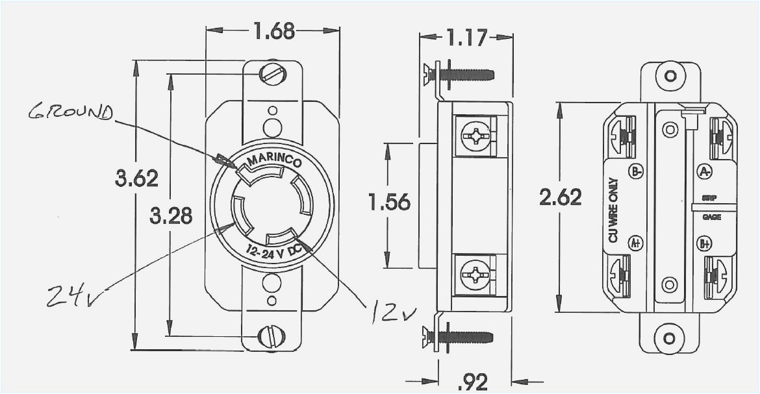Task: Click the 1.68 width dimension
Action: tap(273, 31)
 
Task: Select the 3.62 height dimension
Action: tap(136, 178)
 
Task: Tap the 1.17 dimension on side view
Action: tap(466, 38)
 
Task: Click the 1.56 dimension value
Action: tap(389, 203)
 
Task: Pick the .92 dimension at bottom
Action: tap(473, 382)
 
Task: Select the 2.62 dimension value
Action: tap(560, 197)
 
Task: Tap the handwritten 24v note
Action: tap(77, 295)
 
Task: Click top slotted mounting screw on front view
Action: tap(272, 74)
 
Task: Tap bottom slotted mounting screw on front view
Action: tap(271, 336)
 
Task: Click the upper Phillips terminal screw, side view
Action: tap(475, 136)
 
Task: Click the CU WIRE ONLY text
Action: tap(613, 212)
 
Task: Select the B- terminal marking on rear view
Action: tap(636, 171)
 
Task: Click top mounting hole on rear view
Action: tap(670, 76)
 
